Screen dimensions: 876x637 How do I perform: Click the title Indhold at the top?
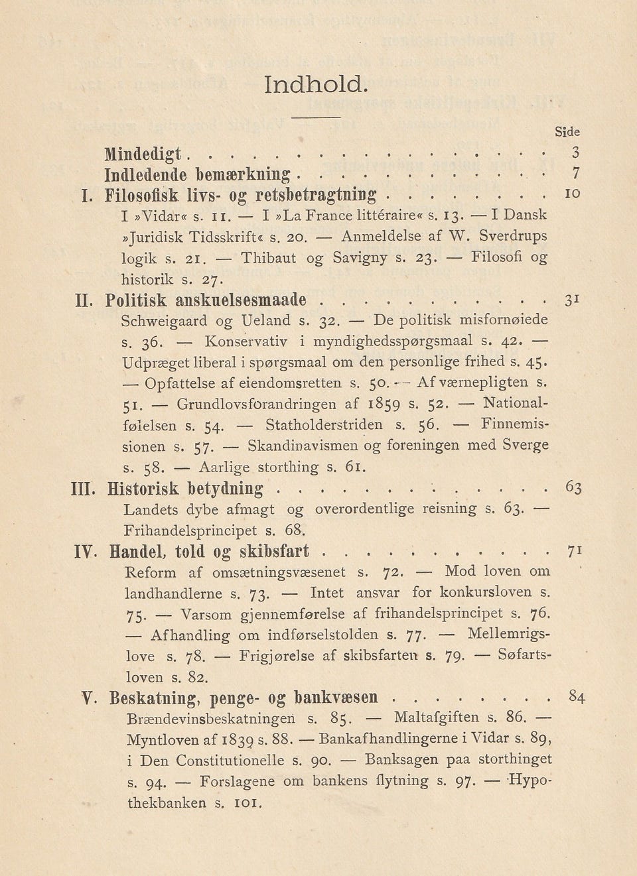point(315,86)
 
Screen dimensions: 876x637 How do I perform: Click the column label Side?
point(568,132)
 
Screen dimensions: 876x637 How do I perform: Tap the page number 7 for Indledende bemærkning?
point(576,174)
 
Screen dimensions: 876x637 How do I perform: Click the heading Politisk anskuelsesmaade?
point(206,299)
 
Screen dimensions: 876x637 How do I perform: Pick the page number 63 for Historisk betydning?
point(574,488)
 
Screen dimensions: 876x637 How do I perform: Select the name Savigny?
point(360,257)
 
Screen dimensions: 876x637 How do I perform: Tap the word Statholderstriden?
point(324,424)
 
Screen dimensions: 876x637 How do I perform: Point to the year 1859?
point(384,403)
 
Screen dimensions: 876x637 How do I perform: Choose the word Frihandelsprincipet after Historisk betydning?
point(190,531)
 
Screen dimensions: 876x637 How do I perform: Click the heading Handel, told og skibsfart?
point(209,552)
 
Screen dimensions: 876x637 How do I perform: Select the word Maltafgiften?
point(435,718)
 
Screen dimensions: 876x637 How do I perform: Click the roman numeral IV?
point(86,552)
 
